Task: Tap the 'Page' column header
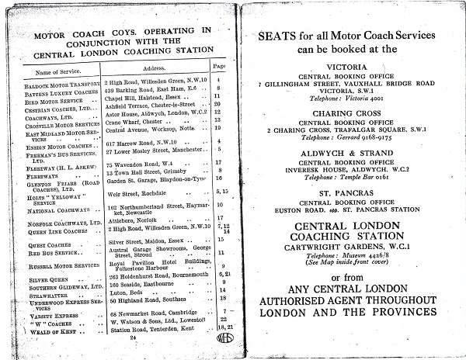pos(218,68)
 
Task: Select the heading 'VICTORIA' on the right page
pos(347,67)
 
